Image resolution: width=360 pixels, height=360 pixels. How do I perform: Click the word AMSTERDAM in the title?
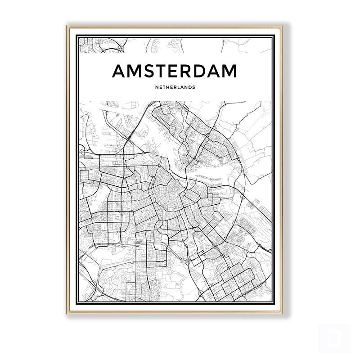(x=174, y=71)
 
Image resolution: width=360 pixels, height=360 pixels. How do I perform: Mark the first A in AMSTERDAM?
(x=119, y=71)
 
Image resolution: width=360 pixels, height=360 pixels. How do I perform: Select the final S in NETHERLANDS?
(x=194, y=87)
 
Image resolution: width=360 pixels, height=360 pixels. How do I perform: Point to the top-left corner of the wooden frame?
(x=67, y=27)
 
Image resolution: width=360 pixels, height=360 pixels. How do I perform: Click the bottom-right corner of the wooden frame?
(x=282, y=313)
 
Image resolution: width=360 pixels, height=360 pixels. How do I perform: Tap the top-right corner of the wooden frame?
(x=282, y=27)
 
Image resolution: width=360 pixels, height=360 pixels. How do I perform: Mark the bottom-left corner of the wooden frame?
(x=67, y=313)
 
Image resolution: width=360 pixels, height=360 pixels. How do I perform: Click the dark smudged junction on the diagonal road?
(x=131, y=136)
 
